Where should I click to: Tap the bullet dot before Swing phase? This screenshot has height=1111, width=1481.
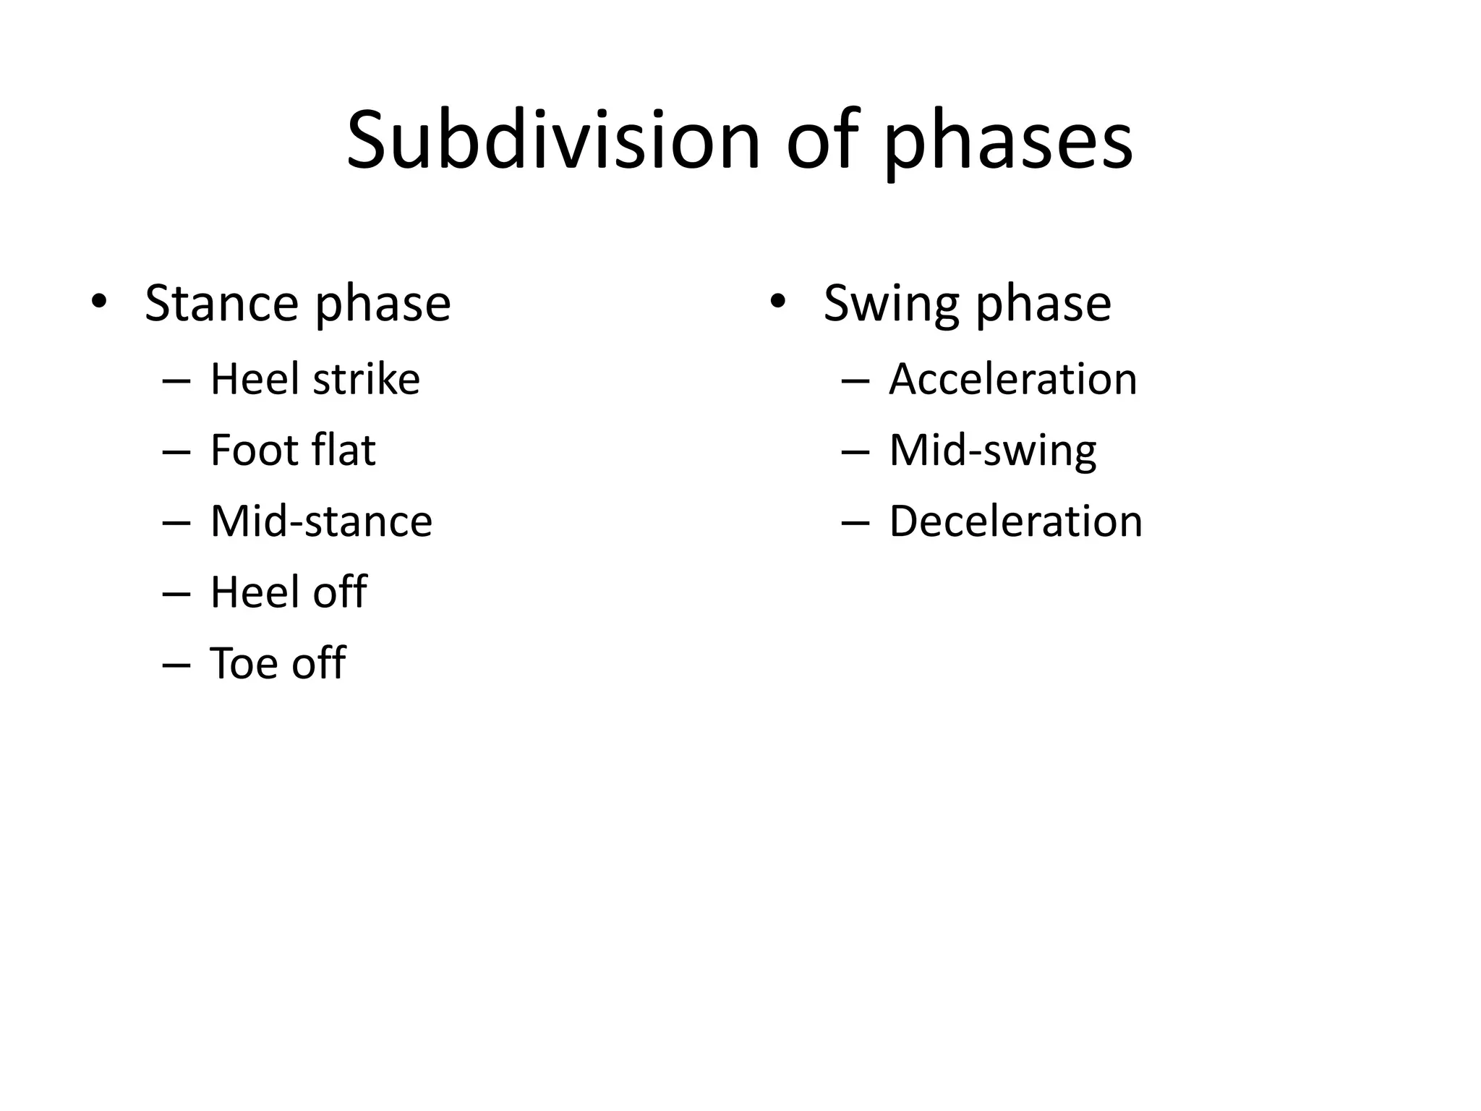pyautogui.click(x=777, y=301)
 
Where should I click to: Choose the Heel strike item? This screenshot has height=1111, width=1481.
pyautogui.click(x=315, y=378)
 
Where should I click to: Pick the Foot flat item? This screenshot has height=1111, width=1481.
pyautogui.click(x=293, y=449)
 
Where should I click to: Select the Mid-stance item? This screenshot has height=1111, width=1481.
pyautogui.click(x=321, y=521)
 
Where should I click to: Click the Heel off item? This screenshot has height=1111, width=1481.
pyautogui.click(x=289, y=592)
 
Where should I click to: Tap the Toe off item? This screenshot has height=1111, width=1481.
pyautogui.click(x=278, y=663)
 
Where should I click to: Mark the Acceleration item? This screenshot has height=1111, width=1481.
pyautogui.click(x=1012, y=378)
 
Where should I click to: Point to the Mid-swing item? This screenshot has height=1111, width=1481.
pyautogui.click(x=992, y=450)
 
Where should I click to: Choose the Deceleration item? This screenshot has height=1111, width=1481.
pyautogui.click(x=1015, y=521)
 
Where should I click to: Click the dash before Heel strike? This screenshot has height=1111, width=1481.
pyautogui.click(x=176, y=381)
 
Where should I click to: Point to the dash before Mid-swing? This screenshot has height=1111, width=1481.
pyautogui.click(x=855, y=452)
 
